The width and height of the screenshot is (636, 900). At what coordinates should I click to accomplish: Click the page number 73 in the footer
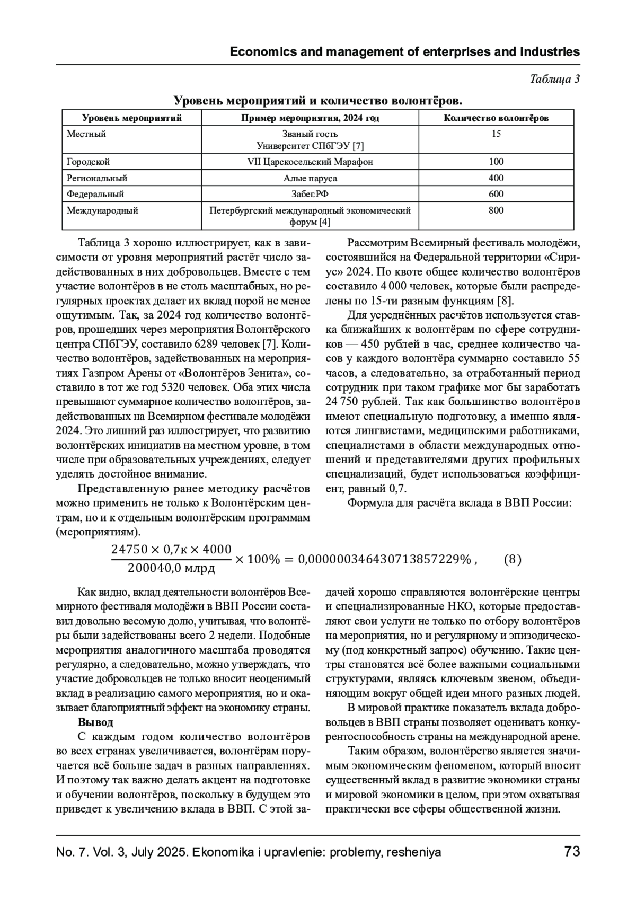coord(572,852)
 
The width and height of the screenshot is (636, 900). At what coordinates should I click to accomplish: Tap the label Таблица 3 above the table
coord(555,79)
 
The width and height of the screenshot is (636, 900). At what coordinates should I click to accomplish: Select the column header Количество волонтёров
coord(496,118)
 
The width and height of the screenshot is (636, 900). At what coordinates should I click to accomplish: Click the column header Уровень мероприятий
coord(132,118)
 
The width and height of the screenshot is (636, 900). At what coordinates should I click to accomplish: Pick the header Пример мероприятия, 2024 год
coord(310,118)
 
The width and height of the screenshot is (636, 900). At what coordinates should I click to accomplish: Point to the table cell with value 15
coord(496,134)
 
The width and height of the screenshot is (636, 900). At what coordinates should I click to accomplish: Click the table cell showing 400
coord(496,178)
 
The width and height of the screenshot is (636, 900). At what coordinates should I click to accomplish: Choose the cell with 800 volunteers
coord(496,210)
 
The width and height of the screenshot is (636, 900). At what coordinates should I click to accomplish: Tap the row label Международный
coord(102,210)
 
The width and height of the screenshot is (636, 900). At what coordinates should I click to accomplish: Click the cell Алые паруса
coord(310,178)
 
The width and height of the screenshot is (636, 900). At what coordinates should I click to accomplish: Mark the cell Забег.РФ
coord(310,194)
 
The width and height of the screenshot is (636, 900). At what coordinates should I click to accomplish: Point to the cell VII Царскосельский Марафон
coord(310,162)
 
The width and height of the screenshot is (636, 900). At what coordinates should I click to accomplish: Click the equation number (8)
coord(512,559)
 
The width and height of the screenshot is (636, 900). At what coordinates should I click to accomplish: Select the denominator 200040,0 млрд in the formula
coord(171,569)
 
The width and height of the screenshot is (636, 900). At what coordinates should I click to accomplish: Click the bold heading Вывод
coord(95,722)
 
